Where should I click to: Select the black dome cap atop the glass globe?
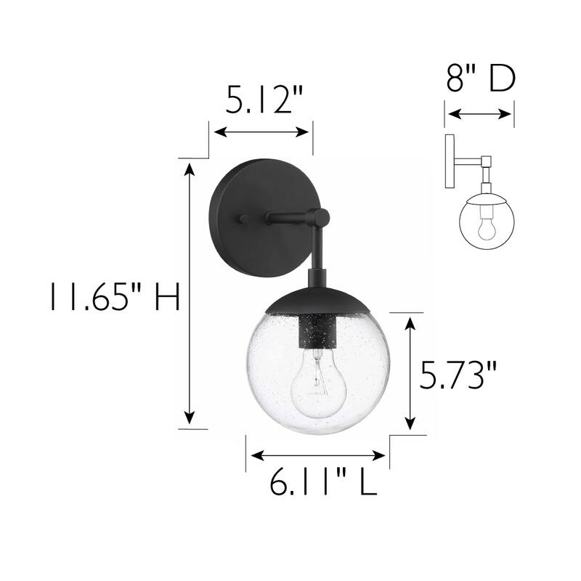[x=317, y=299]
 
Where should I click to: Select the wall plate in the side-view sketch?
[x=450, y=161]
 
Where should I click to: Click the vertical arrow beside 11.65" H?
[x=190, y=294]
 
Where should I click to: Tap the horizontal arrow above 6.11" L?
[x=317, y=455]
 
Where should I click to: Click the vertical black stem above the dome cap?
[x=317, y=254]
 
